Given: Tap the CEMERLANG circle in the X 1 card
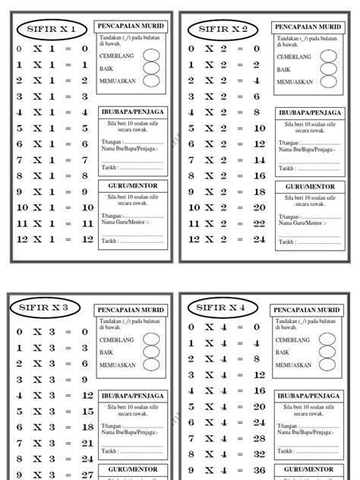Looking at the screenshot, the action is tap(150, 55).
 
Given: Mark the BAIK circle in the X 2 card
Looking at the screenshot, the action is tap(328, 68).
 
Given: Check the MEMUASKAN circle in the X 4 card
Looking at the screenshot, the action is tap(327, 365).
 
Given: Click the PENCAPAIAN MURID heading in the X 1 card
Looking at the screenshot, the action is tap(130, 27).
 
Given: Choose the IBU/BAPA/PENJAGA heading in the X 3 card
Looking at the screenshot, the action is tap(131, 394).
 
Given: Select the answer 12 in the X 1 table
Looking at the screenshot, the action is tap(87, 238).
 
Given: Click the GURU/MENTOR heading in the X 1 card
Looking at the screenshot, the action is tap(131, 185).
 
